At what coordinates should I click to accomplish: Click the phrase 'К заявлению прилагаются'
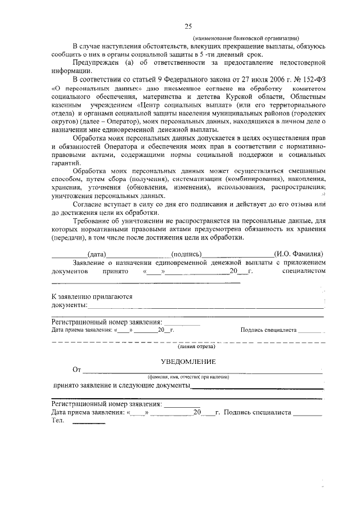click(x=92, y=296)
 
